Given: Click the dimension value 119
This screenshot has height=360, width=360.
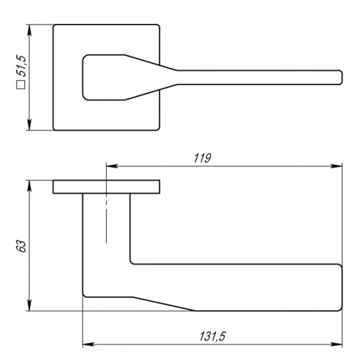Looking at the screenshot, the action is pyautogui.click(x=203, y=158).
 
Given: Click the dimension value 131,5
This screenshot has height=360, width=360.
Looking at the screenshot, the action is pyautogui.click(x=213, y=336).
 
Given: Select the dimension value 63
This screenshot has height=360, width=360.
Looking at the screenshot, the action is pyautogui.click(x=22, y=246).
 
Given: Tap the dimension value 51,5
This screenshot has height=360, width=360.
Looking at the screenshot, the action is pyautogui.click(x=22, y=66).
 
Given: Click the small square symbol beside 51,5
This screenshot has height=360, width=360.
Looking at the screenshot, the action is pyautogui.click(x=21, y=85).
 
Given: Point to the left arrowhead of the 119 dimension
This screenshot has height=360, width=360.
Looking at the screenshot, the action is pyautogui.click(x=112, y=166).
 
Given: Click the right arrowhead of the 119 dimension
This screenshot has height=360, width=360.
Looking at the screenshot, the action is pyautogui.click(x=337, y=166).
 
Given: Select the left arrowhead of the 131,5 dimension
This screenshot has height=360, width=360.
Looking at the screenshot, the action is pyautogui.click(x=88, y=344).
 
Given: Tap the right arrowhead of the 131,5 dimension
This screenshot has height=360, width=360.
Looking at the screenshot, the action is pyautogui.click(x=337, y=344).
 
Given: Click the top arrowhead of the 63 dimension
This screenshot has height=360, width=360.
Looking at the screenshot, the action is pyautogui.click(x=29, y=186).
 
